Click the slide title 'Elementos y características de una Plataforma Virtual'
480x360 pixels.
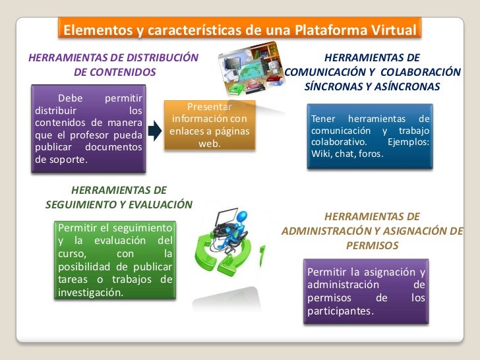(x=240, y=31)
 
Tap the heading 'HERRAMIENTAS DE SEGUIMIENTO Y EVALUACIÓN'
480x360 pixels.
(x=119, y=197)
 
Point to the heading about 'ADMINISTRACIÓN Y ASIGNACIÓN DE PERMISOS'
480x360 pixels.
(x=373, y=230)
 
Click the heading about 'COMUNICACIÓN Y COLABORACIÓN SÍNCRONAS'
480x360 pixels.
(x=373, y=72)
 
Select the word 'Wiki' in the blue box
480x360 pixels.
(x=320, y=154)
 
